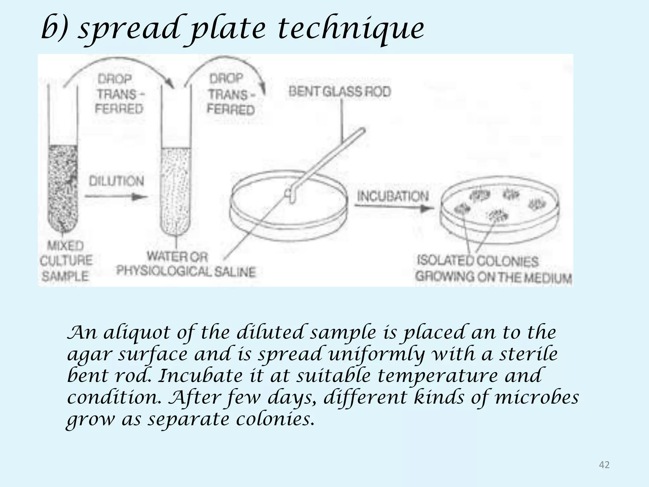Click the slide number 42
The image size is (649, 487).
[604, 465]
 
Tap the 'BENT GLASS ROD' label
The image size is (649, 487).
[340, 92]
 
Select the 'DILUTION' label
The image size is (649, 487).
[116, 181]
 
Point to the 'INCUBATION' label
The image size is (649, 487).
[393, 196]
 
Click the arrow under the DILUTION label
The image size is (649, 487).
[116, 197]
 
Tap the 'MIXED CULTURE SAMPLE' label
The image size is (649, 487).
[66, 261]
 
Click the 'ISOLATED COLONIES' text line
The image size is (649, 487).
[478, 261]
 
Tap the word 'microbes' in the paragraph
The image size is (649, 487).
[537, 397]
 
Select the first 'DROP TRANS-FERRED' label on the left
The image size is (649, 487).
[119, 94]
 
